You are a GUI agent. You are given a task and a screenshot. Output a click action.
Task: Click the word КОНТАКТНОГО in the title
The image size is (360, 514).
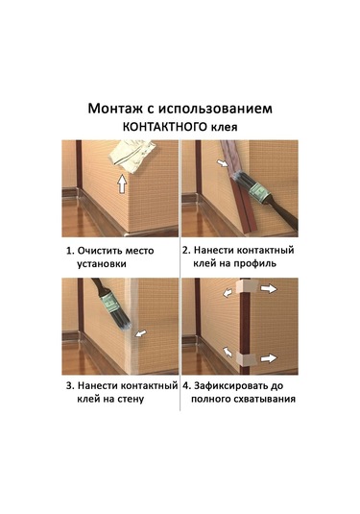click(162, 127)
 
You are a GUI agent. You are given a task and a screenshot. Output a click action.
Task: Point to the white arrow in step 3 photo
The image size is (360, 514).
click(142, 333)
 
